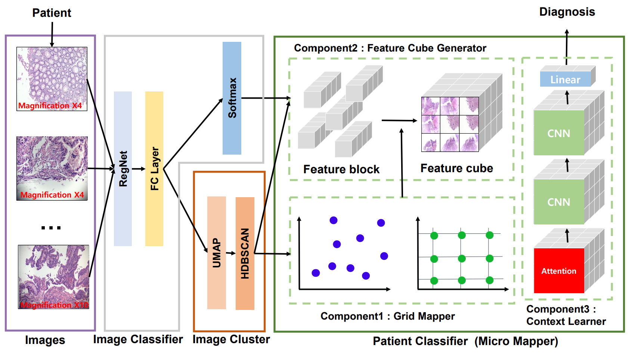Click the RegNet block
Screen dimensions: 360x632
pyautogui.click(x=123, y=168)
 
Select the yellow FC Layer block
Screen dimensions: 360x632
pyautogui.click(x=154, y=168)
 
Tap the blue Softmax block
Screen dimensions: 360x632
pyautogui.click(x=232, y=98)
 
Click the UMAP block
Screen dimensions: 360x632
pyautogui.click(x=217, y=253)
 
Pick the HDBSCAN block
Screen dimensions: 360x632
pyautogui.click(x=245, y=254)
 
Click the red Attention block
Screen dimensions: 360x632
pyautogui.click(x=559, y=271)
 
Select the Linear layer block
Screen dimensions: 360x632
pyautogui.click(x=565, y=80)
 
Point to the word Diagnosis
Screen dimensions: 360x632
pyautogui.click(x=567, y=12)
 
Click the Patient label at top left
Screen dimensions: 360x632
pyautogui.click(x=52, y=13)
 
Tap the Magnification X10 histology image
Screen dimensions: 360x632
pyautogui.click(x=54, y=277)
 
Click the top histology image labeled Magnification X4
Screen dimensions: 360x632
pyautogui.click(x=52, y=78)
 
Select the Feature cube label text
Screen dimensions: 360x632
pyautogui.click(x=456, y=168)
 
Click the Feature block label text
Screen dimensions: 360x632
pyautogui.click(x=341, y=170)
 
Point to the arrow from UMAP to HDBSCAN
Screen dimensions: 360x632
pyautogui.click(x=231, y=253)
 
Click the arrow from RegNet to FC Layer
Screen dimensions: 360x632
pyautogui.click(x=139, y=169)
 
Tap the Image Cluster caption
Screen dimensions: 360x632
pyautogui.click(x=231, y=339)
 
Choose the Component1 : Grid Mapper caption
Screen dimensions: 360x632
pyautogui.click(x=387, y=316)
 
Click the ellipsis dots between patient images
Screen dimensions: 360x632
pyautogui.click(x=51, y=227)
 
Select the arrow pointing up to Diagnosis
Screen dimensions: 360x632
pyautogui.click(x=567, y=47)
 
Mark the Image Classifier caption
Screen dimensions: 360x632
pyautogui.click(x=138, y=339)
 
